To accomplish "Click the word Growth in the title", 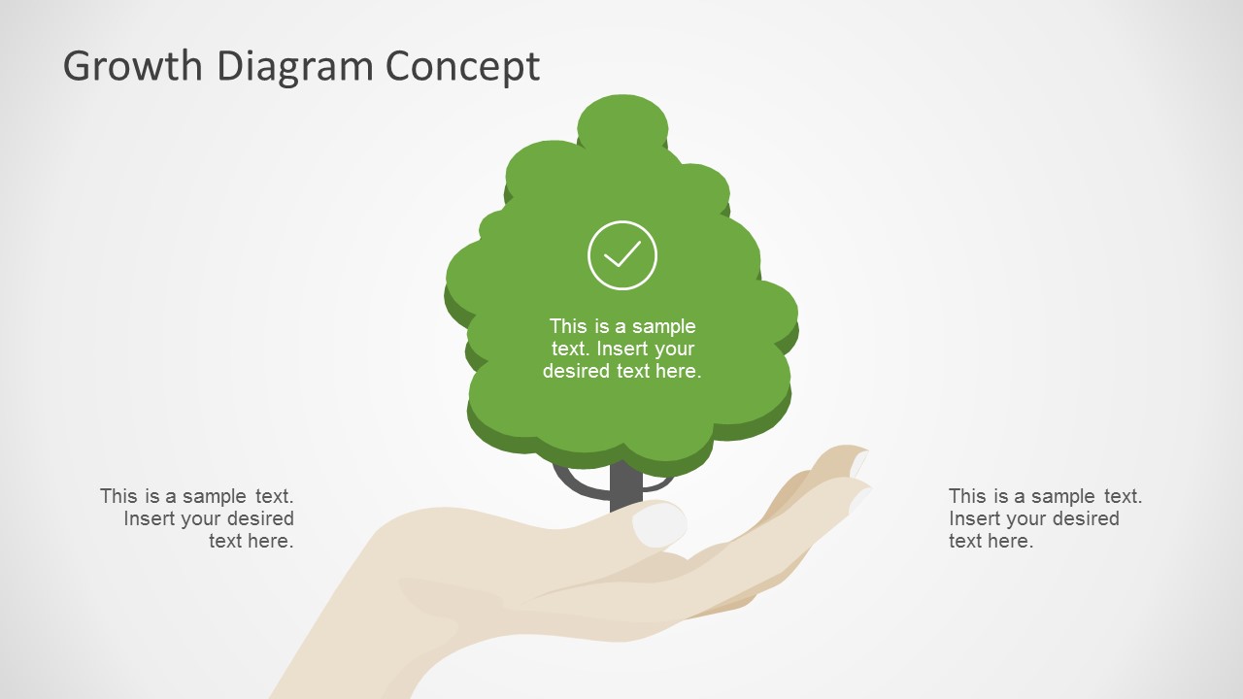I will [x=134, y=66].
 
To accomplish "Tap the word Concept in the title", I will [x=462, y=66].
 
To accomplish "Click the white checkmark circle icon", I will [x=622, y=255].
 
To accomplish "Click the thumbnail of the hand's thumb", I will [x=659, y=525].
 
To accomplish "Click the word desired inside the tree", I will [x=576, y=371].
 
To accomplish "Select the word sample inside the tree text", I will [x=664, y=326].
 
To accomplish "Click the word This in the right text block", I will [x=967, y=496].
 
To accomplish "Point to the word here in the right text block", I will [x=1011, y=541].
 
